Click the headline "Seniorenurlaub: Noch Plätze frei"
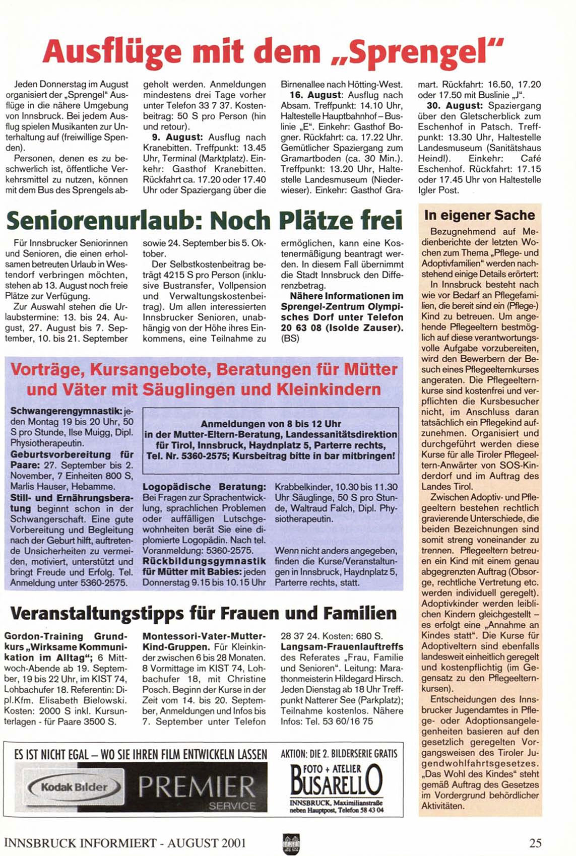tap(205, 220)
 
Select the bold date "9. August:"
tap(183, 137)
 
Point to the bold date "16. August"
tap(318, 95)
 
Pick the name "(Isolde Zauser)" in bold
tap(364, 328)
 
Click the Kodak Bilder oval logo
tap(74, 787)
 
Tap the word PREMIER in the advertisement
tap(197, 786)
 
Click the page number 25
tap(535, 843)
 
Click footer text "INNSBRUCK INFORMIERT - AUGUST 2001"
tap(125, 843)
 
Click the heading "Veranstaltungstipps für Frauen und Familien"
tap(203, 613)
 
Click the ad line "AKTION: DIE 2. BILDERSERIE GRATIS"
tap(339, 754)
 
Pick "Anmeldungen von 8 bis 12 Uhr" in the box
tap(271, 424)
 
